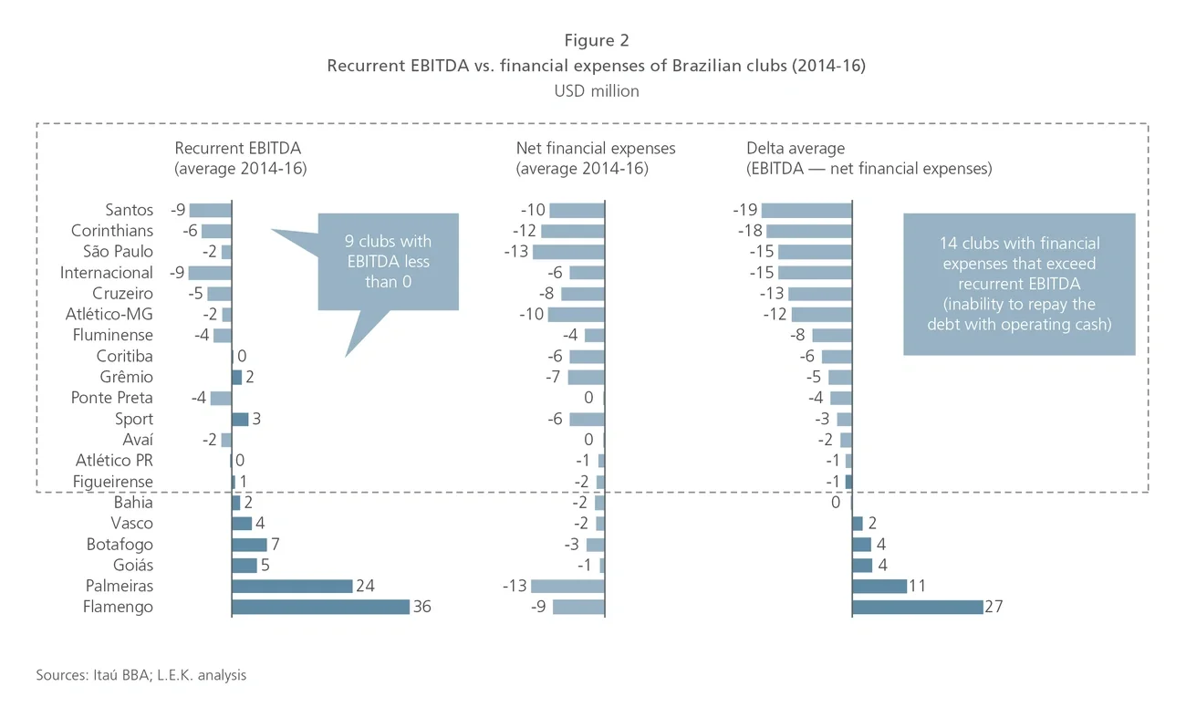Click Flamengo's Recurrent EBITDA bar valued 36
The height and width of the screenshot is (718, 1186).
coord(320,607)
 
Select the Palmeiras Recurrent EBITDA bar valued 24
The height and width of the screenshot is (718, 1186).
coord(292,586)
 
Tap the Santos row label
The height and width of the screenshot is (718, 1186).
coord(130,210)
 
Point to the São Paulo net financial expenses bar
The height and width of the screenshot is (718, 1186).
coord(568,252)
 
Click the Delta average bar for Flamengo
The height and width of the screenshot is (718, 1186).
coord(917,607)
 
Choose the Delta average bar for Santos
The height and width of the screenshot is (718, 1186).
coord(806,210)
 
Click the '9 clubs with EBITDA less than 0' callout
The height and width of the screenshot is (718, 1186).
coord(387,262)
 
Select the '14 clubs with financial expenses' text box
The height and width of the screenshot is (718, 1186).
coord(1019,283)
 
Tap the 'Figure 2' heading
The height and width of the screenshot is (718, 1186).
coord(596,40)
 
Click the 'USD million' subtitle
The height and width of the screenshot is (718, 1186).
coord(596,91)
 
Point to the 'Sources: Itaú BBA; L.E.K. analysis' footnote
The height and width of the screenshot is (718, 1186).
coord(141,676)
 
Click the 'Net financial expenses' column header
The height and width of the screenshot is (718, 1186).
coord(596,148)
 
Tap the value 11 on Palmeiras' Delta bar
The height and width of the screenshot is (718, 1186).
coord(919,586)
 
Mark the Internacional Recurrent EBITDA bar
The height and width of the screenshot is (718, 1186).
coord(210,273)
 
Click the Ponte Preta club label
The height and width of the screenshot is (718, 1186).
coord(112,398)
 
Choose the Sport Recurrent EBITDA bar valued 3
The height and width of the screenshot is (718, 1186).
coord(240,419)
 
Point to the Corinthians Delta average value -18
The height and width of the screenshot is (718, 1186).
coord(749,231)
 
